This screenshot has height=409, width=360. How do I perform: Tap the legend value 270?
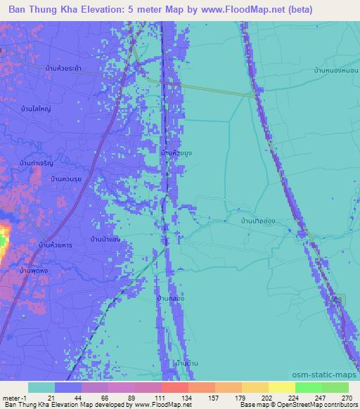(x=347, y=397)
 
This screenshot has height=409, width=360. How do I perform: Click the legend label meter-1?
(x=13, y=397)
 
